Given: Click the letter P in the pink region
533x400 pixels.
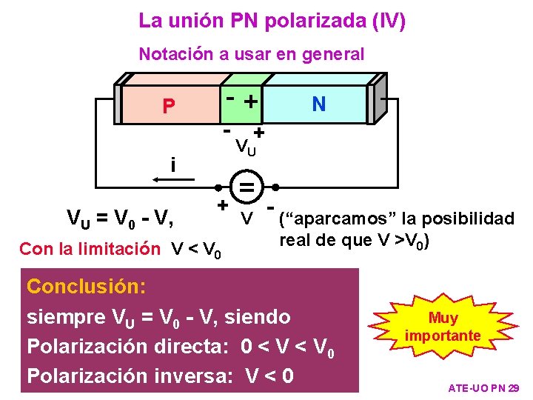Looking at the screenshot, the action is (x=169, y=107).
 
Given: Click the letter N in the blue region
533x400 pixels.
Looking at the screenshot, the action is (x=319, y=104).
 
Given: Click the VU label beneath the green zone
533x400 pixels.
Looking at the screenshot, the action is (x=246, y=147).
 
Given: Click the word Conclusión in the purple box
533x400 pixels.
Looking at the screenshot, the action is (x=86, y=286).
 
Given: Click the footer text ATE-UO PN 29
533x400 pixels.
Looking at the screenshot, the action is (x=484, y=388).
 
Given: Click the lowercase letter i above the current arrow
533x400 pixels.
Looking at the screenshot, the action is (x=172, y=163).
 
